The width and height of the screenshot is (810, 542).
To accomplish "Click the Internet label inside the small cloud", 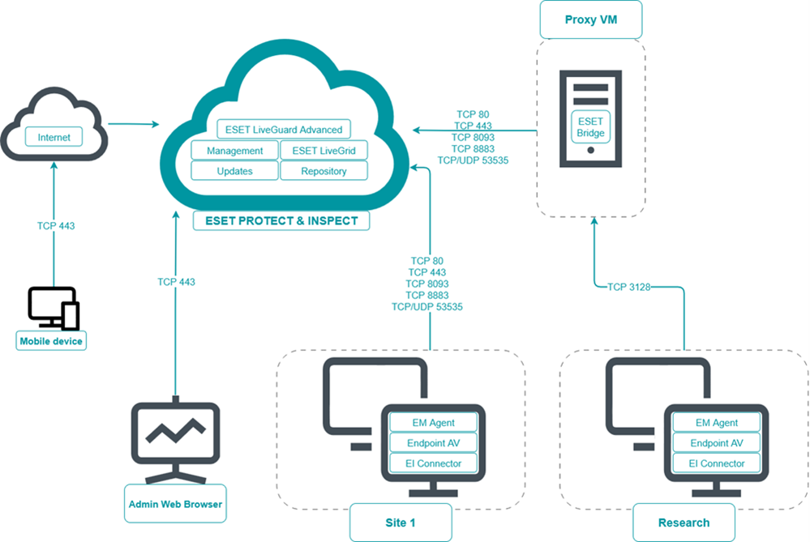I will [54, 138].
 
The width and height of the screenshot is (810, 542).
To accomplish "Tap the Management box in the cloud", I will [234, 151].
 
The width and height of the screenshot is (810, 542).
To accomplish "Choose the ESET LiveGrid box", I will [324, 151].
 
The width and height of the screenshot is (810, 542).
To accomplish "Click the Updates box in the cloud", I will [234, 171].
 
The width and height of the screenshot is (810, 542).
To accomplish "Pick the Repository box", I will [324, 171].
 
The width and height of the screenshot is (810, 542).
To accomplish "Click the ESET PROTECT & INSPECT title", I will [282, 220].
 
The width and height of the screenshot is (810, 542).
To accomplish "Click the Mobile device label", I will [51, 341].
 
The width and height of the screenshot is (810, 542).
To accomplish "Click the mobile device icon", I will [54, 308].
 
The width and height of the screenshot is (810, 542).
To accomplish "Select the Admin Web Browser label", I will [175, 504].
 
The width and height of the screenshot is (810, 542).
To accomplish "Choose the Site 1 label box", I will [400, 523].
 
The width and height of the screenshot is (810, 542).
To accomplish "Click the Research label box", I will [684, 523].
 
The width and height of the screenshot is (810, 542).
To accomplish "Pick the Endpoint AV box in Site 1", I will [433, 443].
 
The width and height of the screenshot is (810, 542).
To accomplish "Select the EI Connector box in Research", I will [716, 463].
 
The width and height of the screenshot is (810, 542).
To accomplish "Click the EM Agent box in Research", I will [716, 423].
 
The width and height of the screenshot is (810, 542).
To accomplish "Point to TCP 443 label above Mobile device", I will [56, 226].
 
